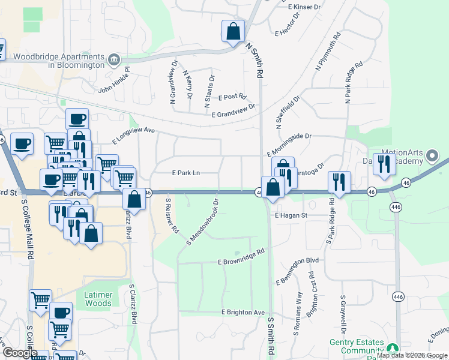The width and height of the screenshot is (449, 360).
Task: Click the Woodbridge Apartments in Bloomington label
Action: coord(59,60)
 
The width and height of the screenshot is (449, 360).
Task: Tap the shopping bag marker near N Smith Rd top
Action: coord(233,31)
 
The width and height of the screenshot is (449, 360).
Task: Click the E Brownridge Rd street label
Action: coord(241,258)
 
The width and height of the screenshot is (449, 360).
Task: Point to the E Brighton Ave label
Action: coord(243,313)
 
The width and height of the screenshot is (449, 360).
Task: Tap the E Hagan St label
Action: coord(291,215)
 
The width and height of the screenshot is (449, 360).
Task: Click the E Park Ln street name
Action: coord(185,173)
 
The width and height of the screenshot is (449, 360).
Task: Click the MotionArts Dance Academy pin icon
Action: coord(432,157)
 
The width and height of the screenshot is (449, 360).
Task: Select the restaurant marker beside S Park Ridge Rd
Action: coord(340,181)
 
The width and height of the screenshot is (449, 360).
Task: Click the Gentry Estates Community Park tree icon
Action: coord(393,348)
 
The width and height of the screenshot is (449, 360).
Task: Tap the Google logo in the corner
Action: coord(20,353)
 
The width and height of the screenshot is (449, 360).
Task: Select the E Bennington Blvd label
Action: coord(298,271)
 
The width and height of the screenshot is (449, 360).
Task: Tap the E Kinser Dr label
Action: coord(305,7)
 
